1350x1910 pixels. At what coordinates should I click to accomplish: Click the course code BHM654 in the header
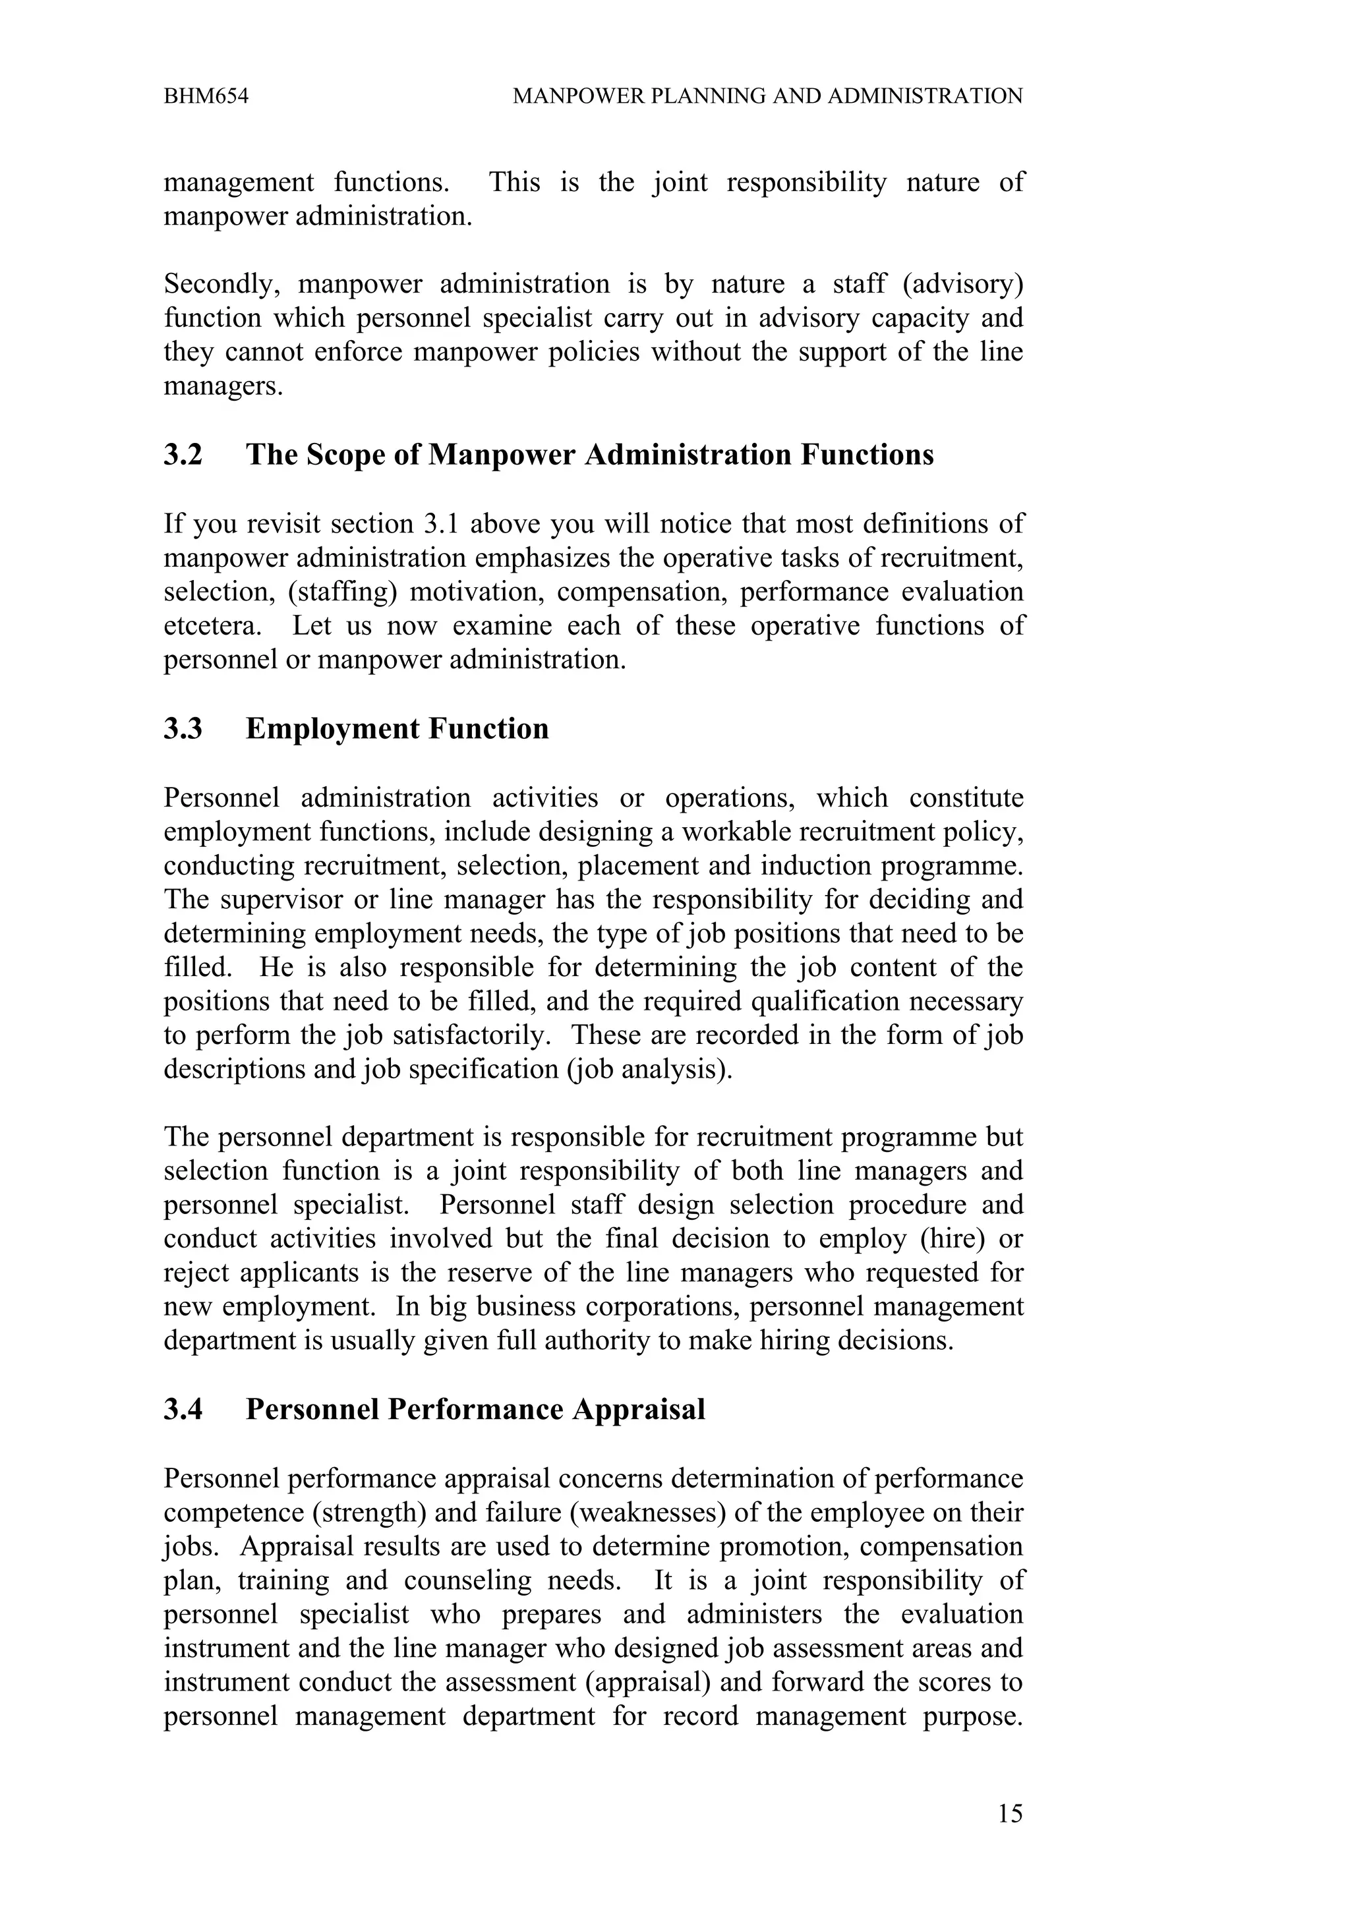(x=206, y=96)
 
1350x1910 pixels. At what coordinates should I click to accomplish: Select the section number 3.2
(x=183, y=455)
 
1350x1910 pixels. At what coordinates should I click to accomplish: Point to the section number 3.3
(x=183, y=729)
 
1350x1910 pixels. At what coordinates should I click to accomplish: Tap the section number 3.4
(x=183, y=1409)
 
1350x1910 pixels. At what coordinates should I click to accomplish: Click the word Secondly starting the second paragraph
(x=218, y=285)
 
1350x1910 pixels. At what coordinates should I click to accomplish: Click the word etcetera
(x=212, y=625)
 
